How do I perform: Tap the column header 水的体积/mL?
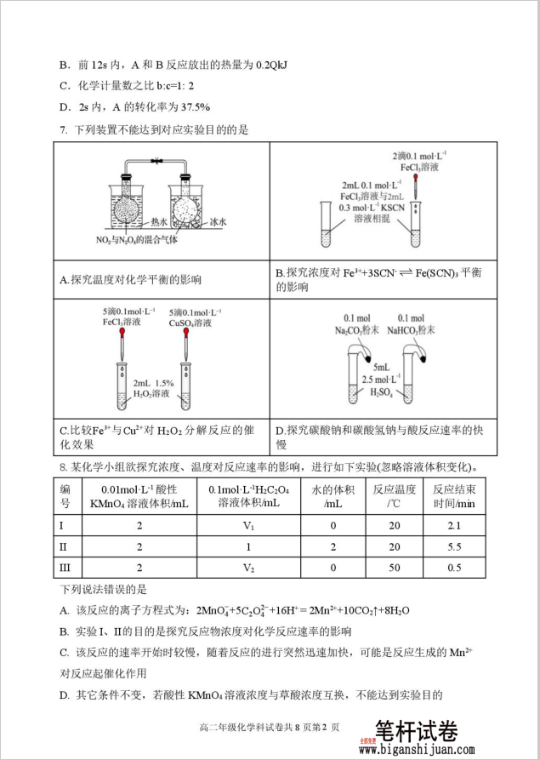coord(333,495)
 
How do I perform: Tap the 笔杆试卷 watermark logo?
coord(416,731)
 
